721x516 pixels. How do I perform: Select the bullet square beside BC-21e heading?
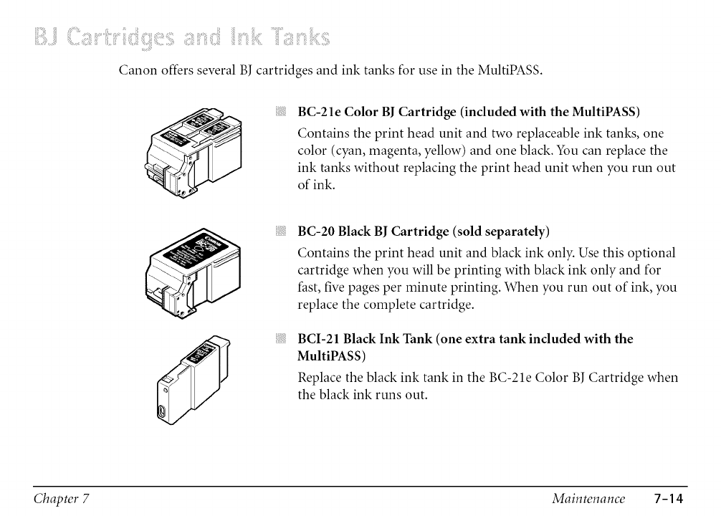pos(282,112)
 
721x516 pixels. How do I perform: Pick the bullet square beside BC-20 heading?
pos(282,231)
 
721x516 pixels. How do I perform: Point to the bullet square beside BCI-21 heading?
pos(282,339)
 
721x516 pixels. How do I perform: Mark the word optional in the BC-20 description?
pos(649,253)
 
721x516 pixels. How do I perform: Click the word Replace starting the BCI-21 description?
pos(320,377)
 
